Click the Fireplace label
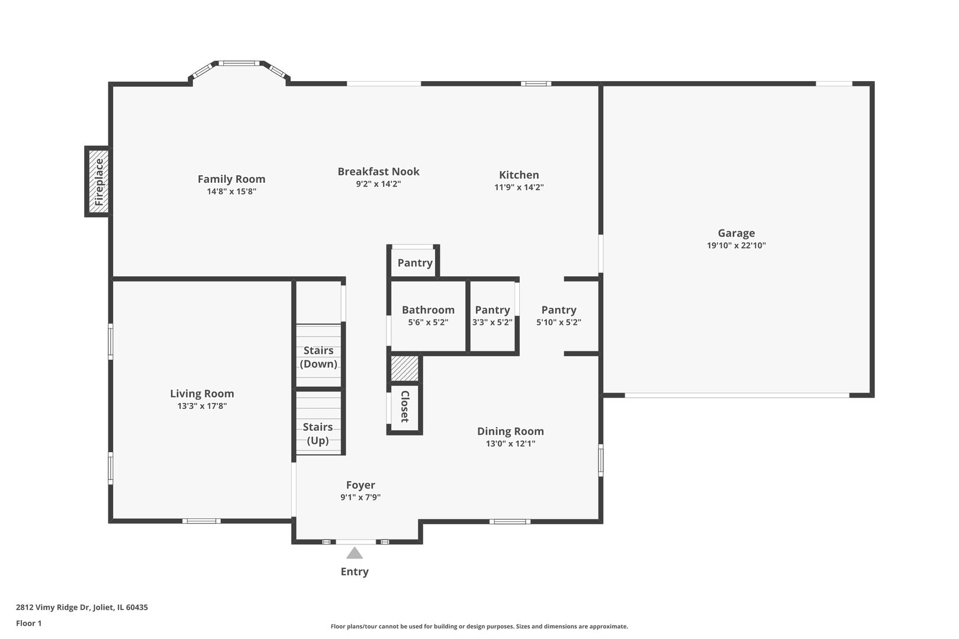[x=99, y=182]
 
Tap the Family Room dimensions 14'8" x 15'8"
[x=231, y=192]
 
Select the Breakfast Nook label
[x=378, y=172]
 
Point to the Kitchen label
[x=519, y=175]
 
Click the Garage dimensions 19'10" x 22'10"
[x=736, y=246]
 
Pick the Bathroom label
[x=428, y=309]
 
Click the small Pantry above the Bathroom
[x=414, y=263]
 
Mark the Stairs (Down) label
[x=318, y=357]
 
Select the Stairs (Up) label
[x=318, y=434]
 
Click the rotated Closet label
[x=405, y=406]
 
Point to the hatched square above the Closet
[x=405, y=369]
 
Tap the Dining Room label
[x=510, y=431]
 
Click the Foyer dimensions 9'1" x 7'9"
[x=360, y=498]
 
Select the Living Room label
[x=202, y=393]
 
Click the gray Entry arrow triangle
[x=354, y=553]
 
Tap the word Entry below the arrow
[x=354, y=572]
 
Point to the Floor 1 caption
[x=29, y=623]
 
